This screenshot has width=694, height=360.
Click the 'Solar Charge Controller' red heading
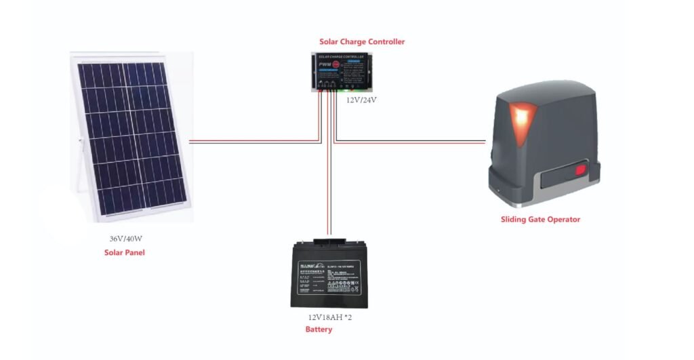pos(362,42)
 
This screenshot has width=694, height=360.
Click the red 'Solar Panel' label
pos(125,253)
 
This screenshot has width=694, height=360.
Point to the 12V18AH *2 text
pos(330,317)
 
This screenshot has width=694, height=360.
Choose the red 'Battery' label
pos(319,329)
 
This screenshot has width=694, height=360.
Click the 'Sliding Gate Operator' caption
pos(540,219)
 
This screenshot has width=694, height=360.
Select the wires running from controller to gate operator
pos(413,142)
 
